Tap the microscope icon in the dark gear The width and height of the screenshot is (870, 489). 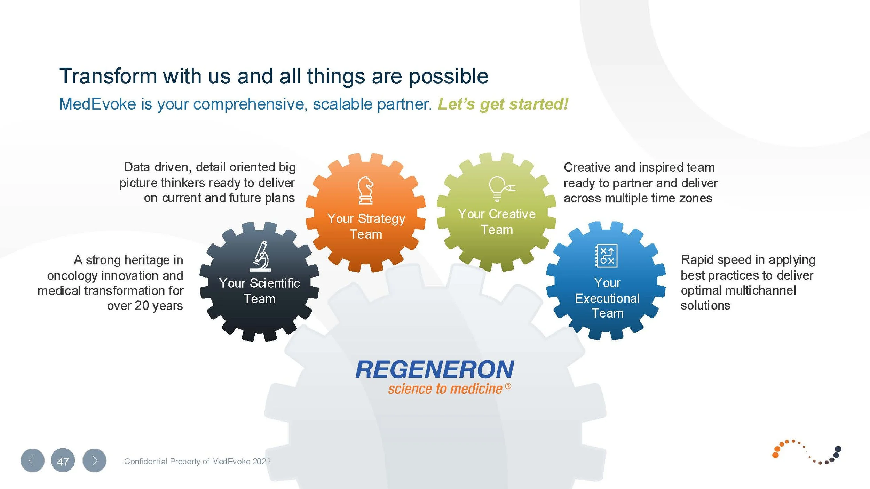(x=261, y=256)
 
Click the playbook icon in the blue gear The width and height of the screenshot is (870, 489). (x=607, y=256)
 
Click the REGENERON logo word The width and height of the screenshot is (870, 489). (x=435, y=369)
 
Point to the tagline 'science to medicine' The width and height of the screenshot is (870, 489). (x=445, y=389)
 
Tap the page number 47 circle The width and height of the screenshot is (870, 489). (x=63, y=461)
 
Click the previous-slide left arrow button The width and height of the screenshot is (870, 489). (x=32, y=461)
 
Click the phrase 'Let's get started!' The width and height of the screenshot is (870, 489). (x=503, y=104)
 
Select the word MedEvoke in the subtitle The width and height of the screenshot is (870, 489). (x=97, y=104)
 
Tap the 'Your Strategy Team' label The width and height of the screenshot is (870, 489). (x=366, y=226)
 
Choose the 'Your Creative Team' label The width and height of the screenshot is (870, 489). (x=497, y=222)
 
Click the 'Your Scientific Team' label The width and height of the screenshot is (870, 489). (x=259, y=291)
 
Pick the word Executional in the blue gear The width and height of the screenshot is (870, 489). (x=607, y=298)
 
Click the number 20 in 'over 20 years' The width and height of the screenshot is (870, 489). (x=142, y=306)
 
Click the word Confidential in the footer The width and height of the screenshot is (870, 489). (x=145, y=462)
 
